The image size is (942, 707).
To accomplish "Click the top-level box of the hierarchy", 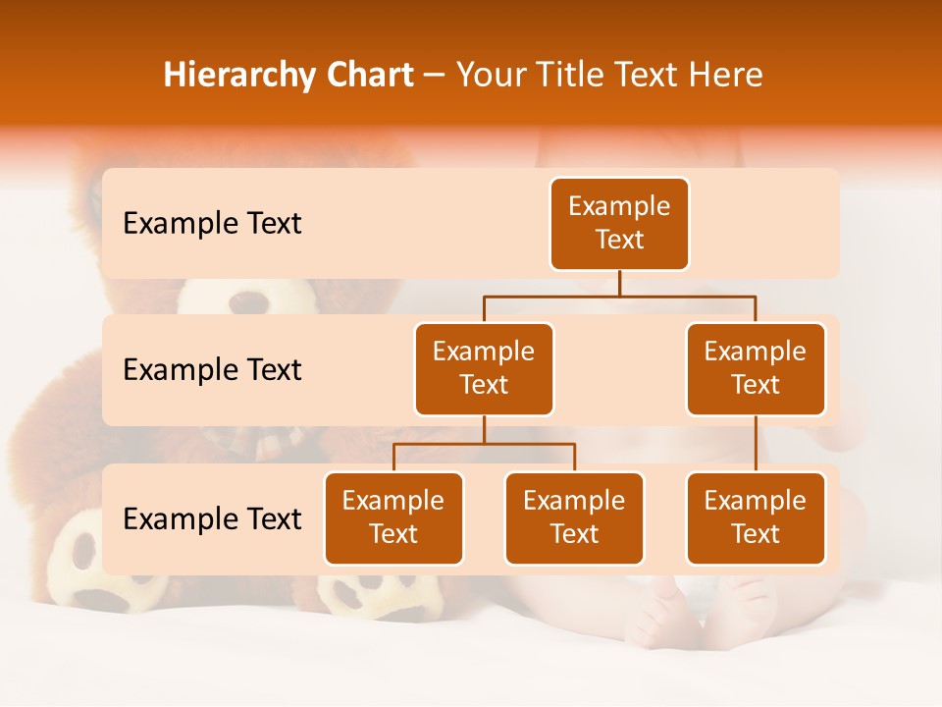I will (619, 224).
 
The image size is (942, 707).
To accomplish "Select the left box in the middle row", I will (484, 369).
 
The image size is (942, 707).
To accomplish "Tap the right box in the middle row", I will (756, 369).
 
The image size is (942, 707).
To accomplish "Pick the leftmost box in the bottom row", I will (393, 518).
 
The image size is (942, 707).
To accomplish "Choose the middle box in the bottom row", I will (574, 518).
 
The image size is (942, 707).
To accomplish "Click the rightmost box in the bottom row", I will (756, 518).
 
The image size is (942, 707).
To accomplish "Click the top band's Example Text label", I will (212, 224).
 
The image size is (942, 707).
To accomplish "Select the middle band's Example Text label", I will (212, 370).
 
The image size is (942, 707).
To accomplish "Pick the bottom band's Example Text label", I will (212, 518).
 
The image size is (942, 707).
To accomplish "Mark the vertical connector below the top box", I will (619, 283).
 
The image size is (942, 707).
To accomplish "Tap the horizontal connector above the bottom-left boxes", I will (484, 444).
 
